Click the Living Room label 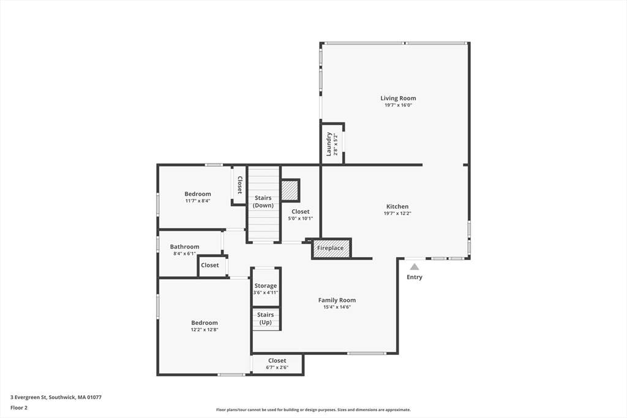(x=398, y=98)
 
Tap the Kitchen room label (x=397, y=206)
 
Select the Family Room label (x=337, y=300)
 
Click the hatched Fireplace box (x=331, y=248)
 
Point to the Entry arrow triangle (x=415, y=267)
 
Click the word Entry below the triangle (x=415, y=277)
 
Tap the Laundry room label (x=329, y=144)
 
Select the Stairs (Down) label (x=263, y=201)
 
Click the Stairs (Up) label (x=266, y=318)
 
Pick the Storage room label (x=266, y=286)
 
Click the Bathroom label (x=184, y=247)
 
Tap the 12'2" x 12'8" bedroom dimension (x=205, y=330)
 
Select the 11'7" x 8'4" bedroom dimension (x=198, y=201)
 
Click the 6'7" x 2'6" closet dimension (x=277, y=367)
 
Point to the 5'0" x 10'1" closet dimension (x=300, y=218)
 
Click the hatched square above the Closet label (x=290, y=190)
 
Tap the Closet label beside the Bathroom (x=209, y=265)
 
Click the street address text (x=56, y=397)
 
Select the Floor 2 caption (x=19, y=408)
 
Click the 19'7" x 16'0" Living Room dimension (x=398, y=105)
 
